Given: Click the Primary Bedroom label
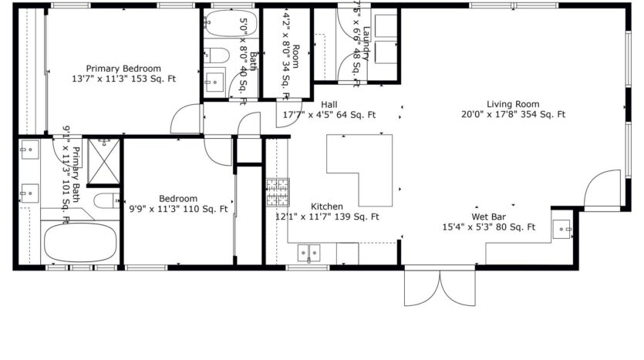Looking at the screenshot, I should (x=123, y=68).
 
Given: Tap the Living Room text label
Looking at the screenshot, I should (x=513, y=104).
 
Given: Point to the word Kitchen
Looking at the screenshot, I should (x=327, y=207).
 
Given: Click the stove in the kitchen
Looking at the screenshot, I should (x=278, y=193).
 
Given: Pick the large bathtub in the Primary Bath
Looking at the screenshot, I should (x=79, y=242).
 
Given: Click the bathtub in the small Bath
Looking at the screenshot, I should (x=223, y=28).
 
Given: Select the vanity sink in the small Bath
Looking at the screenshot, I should (x=214, y=80).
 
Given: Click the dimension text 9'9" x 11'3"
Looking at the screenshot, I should (x=158, y=208).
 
